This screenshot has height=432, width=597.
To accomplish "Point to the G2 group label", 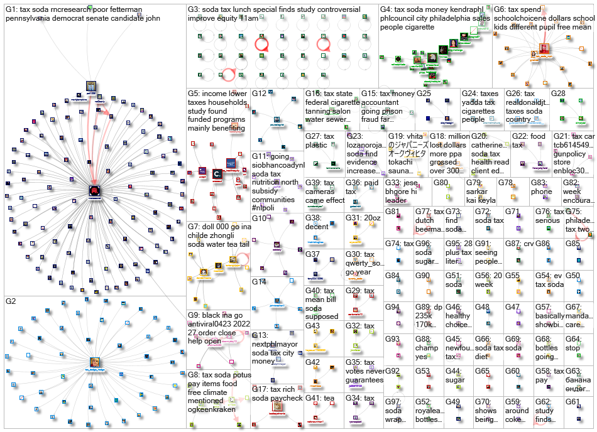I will [x=12, y=302].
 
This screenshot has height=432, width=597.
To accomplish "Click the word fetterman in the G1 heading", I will [x=126, y=10].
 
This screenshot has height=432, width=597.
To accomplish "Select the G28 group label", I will [x=558, y=94].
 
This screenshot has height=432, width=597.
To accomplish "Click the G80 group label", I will [x=441, y=183].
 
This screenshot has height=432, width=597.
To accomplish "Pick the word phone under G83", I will [x=542, y=192].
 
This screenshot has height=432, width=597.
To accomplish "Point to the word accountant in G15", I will [x=380, y=102].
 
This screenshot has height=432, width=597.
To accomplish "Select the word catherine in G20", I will [x=488, y=145].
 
